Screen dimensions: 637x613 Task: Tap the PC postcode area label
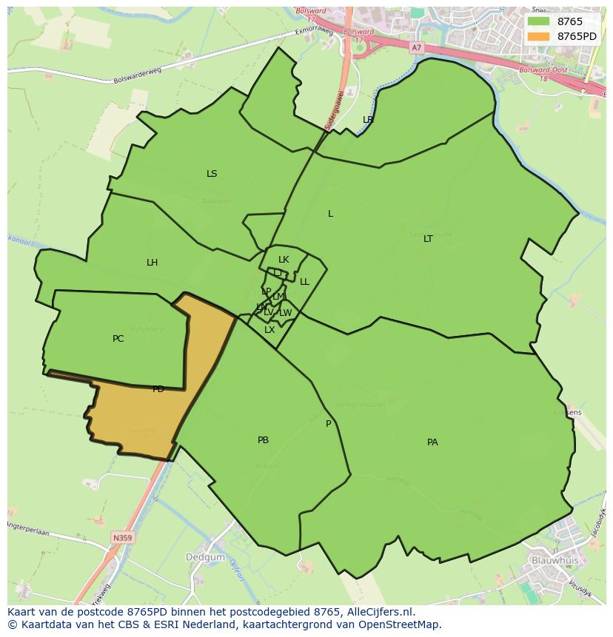[x=118, y=339]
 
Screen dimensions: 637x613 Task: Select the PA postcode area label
[x=432, y=442]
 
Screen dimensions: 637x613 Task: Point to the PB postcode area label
[x=263, y=440]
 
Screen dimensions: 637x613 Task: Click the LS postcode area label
[x=212, y=174]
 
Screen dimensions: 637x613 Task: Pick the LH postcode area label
[x=152, y=263]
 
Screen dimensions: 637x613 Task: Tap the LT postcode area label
[x=428, y=239]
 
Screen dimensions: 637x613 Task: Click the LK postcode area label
[x=284, y=260]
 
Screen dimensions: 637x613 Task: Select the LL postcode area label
[x=304, y=282]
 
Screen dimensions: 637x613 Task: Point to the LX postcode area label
[x=269, y=330]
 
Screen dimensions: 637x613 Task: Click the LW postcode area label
[x=285, y=313]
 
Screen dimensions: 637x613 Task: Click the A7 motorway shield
[x=416, y=47]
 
